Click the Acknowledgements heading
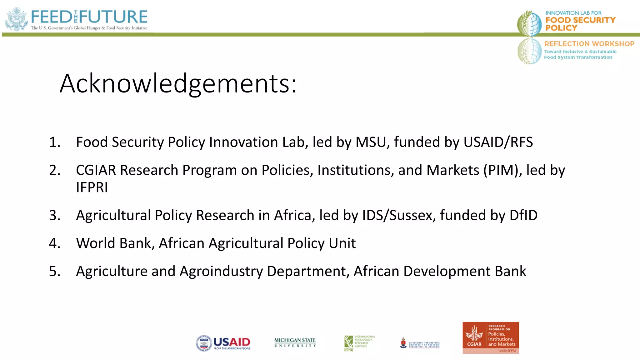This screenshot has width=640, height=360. click(x=178, y=84)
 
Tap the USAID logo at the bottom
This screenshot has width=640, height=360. click(x=223, y=343)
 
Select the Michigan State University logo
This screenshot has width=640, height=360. click(x=295, y=342)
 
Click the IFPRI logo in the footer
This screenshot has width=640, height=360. click(x=359, y=343)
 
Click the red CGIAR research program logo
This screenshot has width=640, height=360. click(x=491, y=338)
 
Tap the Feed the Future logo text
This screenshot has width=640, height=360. click(x=89, y=17)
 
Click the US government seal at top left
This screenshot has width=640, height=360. click(x=17, y=19)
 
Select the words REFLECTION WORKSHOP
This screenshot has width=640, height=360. click(x=589, y=44)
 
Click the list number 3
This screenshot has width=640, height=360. click(x=54, y=215)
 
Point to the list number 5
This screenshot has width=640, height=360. click(x=54, y=271)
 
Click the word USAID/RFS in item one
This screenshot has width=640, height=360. click(x=498, y=142)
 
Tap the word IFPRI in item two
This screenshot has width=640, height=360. click(x=92, y=187)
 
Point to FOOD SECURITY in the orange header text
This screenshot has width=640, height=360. click(x=580, y=20)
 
